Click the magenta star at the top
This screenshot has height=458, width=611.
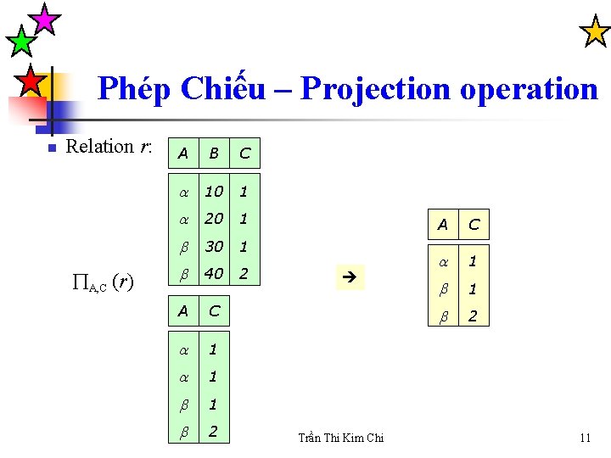(44, 19)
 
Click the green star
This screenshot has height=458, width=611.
(20, 41)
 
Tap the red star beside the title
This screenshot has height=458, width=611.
(31, 81)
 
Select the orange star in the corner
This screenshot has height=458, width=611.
(594, 31)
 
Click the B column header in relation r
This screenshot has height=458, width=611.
(214, 154)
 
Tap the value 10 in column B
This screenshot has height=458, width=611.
(214, 192)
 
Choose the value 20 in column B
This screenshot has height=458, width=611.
(214, 219)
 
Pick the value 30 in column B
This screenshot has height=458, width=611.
(214, 246)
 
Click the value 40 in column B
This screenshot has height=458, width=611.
(214, 274)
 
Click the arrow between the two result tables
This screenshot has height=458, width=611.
(348, 277)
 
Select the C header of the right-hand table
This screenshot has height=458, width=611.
(474, 225)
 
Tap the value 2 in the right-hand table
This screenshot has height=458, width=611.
(474, 317)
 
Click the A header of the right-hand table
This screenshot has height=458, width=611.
(442, 225)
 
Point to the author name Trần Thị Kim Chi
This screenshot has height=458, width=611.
(341, 438)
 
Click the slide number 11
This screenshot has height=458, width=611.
(585, 438)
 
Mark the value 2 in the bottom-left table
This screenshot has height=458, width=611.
(213, 432)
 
